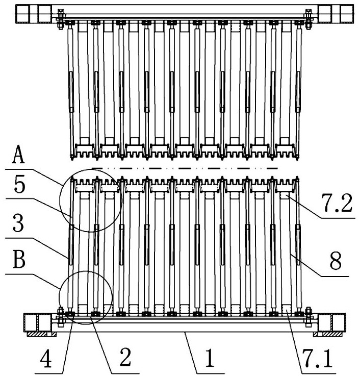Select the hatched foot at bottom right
coord(328,334)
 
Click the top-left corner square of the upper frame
coord(24,14)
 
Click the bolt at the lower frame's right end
coord(308,317)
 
